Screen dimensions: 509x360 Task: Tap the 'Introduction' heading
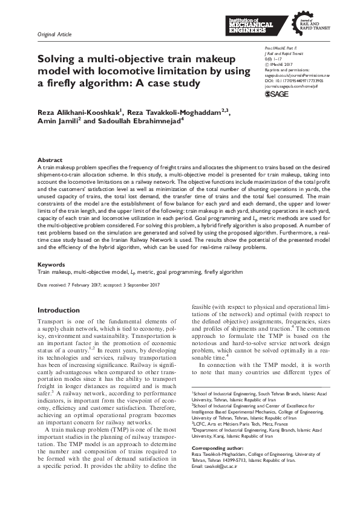coord(59,310)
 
